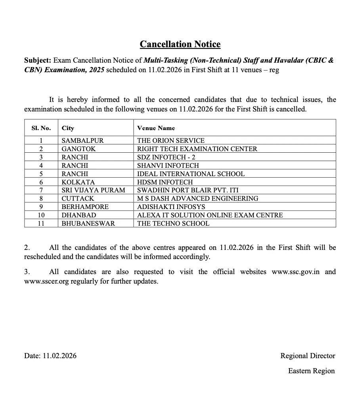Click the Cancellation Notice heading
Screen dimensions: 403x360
[x=180, y=44]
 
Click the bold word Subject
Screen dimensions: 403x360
[x=37, y=60]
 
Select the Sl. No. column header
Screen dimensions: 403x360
[x=41, y=128]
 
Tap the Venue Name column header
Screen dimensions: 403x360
[x=156, y=128]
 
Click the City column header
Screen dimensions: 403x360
[x=68, y=128]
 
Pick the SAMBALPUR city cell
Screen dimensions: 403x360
[x=82, y=140]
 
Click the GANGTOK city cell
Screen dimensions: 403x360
[x=79, y=149]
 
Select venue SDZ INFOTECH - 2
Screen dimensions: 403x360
[x=166, y=157]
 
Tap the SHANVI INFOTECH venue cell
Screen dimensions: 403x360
[x=168, y=165]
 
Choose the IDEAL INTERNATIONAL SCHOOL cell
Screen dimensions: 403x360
[x=191, y=174]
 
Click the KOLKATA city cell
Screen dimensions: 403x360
[x=78, y=182]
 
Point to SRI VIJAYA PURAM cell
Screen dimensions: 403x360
[x=93, y=190]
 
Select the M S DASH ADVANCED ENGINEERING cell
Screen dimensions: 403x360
[x=197, y=198]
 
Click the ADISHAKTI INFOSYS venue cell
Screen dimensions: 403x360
[x=171, y=207]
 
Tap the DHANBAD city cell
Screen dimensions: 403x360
[x=79, y=215]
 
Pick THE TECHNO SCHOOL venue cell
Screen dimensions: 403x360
[x=173, y=223]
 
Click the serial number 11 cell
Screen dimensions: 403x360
[x=41, y=223]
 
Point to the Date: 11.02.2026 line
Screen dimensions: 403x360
[x=50, y=356]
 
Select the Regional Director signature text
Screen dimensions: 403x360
[x=308, y=356]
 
